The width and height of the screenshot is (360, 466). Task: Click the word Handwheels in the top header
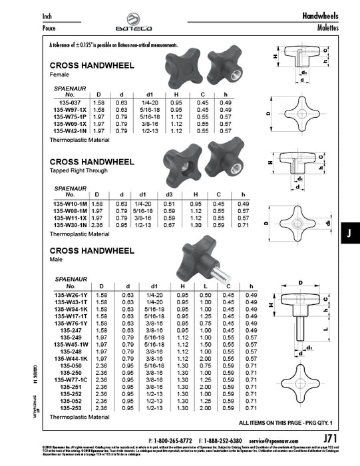click(x=321, y=15)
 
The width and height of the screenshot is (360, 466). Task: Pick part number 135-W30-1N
click(x=70, y=225)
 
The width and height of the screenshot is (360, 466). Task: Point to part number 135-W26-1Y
click(x=70, y=294)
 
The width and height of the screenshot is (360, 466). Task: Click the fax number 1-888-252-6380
click(x=223, y=441)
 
